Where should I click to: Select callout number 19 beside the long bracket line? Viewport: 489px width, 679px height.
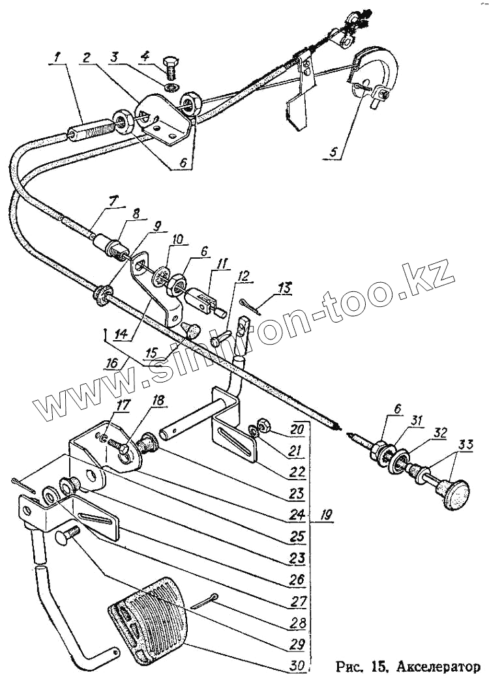(326, 515)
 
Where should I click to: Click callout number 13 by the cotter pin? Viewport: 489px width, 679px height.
(285, 287)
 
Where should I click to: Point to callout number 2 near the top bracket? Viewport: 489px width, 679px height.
(86, 57)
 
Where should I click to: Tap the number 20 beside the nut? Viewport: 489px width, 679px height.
(298, 430)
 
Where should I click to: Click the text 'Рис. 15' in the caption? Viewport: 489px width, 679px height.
(359, 667)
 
